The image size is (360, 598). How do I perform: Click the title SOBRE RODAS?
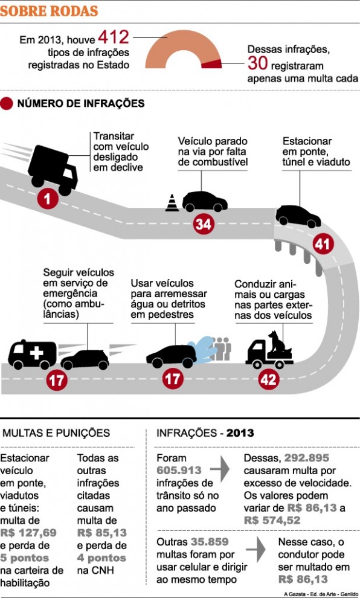(x=49, y=11)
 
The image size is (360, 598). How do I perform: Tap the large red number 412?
(x=114, y=37)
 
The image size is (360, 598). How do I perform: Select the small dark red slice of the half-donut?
(x=212, y=64)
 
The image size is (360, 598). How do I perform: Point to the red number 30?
(x=257, y=63)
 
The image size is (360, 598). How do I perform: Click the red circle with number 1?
(x=48, y=198)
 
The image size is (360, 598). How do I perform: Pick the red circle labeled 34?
(x=204, y=224)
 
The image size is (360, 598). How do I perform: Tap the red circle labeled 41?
(x=323, y=243)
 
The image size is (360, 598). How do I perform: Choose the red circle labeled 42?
(x=268, y=379)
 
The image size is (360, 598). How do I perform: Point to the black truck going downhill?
(x=53, y=169)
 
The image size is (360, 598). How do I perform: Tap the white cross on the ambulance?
(x=37, y=353)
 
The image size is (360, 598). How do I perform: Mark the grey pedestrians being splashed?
(x=222, y=349)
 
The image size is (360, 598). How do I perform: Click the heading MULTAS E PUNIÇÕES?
(x=56, y=433)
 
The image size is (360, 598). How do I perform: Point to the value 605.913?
(x=179, y=470)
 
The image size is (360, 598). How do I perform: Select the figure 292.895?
(x=307, y=458)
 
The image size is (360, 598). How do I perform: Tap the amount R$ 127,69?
(x=28, y=533)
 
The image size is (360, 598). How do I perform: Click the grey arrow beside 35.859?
(x=256, y=549)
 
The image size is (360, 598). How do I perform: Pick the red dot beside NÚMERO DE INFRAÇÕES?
(x=7, y=103)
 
